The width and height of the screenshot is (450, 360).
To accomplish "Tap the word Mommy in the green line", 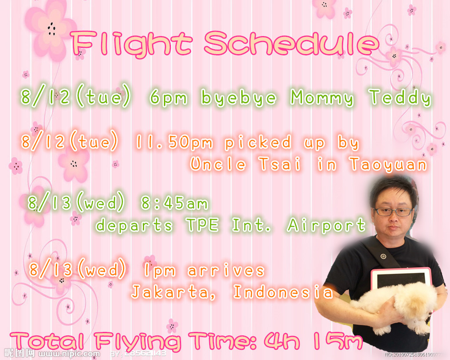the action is pos(322,98).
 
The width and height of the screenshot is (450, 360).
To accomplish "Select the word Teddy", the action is pos(400,97).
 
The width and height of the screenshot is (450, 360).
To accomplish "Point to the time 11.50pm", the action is pos(174,142).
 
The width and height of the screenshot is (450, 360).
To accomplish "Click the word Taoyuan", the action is pos(388,164).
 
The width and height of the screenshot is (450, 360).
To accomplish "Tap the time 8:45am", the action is pos(174,203).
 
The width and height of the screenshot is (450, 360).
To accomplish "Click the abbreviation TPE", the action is pos(202,225).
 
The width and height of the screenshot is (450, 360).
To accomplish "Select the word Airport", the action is pos(327,225).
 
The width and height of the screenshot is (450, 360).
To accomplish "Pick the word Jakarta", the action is pos(173,292).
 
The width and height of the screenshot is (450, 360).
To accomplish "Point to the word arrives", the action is pos(226,270).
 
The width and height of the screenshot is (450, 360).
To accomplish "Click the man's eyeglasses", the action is pos(393,212).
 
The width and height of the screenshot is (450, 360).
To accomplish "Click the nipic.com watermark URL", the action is pos(69,354).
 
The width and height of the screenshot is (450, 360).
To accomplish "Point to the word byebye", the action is pos(239,98).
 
